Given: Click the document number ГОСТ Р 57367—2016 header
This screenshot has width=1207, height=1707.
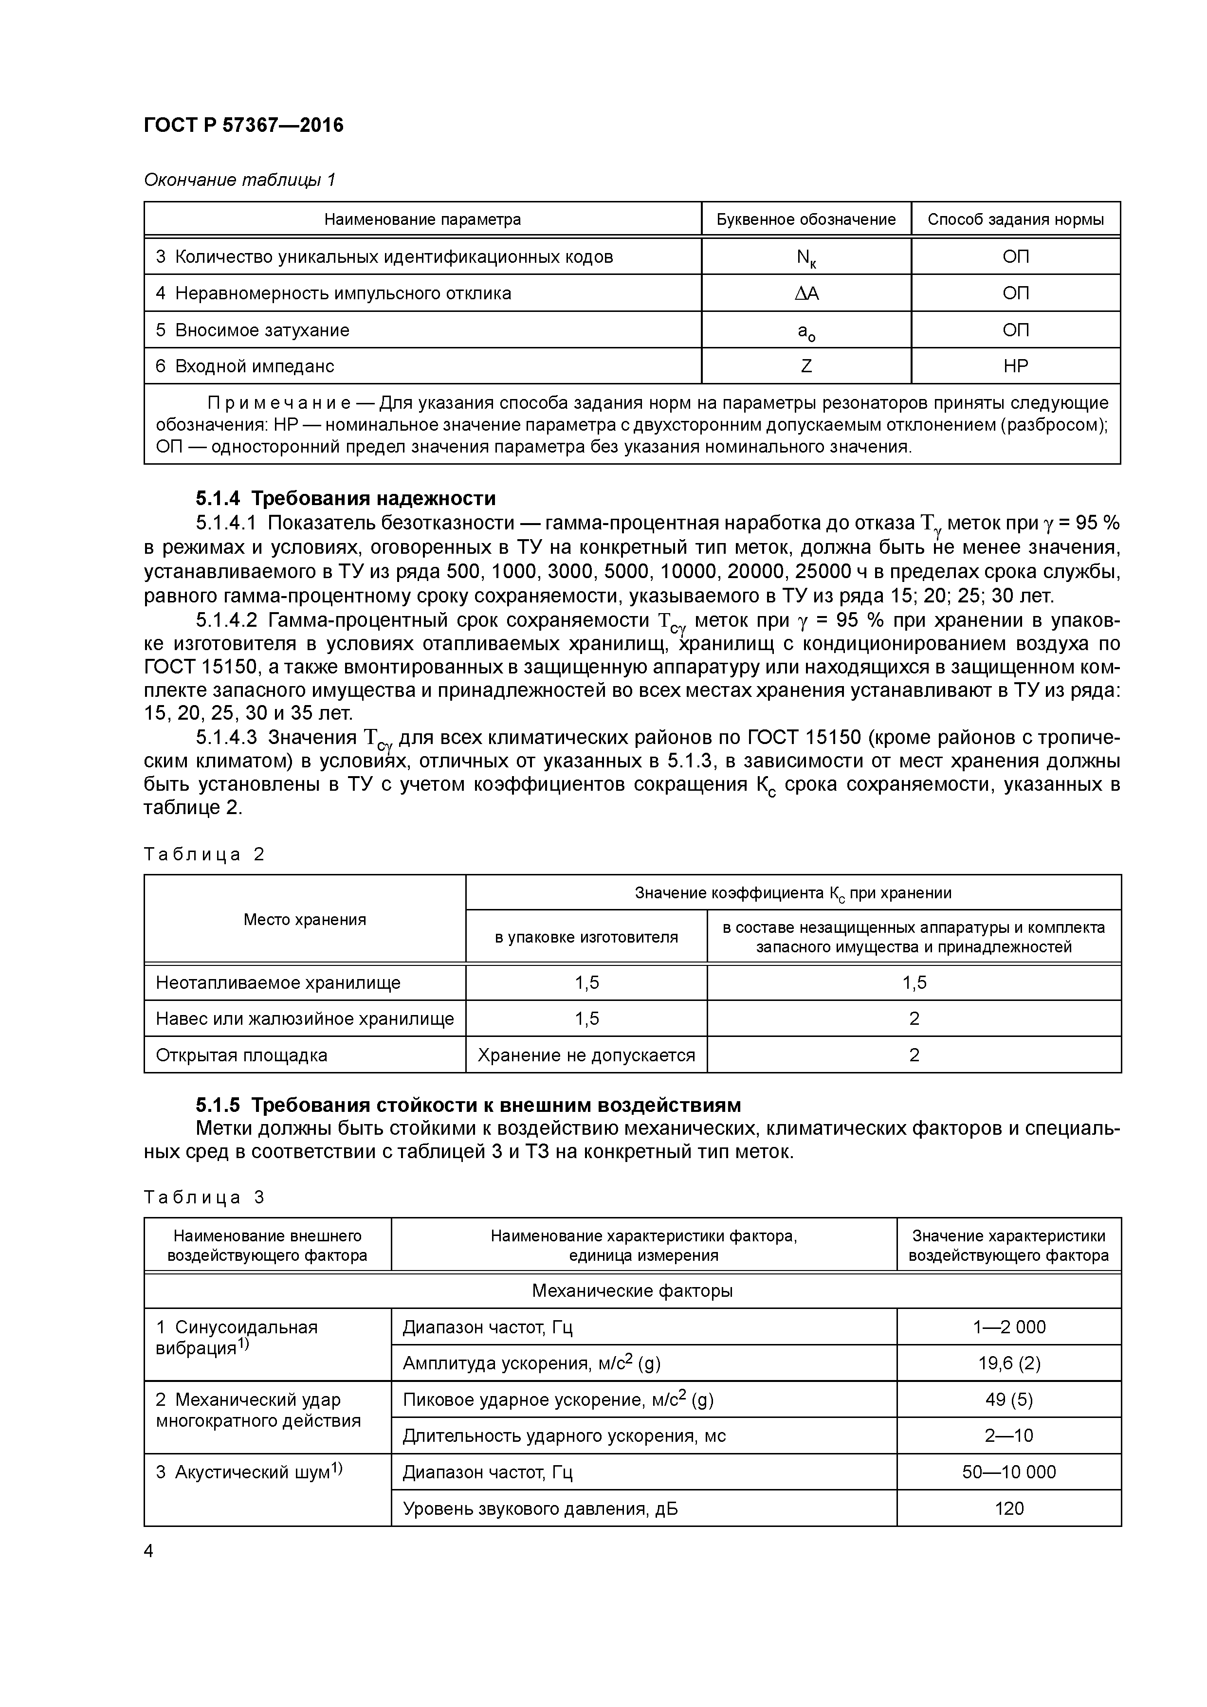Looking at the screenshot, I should tap(243, 125).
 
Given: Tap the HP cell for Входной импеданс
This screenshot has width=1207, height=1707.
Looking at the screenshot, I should tap(1015, 366).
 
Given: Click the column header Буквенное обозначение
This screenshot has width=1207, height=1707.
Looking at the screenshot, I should tap(806, 219).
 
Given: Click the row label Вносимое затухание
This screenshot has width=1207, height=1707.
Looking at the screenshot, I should tap(262, 329).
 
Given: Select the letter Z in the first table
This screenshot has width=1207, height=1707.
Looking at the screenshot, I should tap(806, 366).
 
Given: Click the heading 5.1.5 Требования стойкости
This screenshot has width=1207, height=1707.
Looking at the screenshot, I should tap(469, 1105).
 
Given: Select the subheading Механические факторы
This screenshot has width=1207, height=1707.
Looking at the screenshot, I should tap(632, 1290).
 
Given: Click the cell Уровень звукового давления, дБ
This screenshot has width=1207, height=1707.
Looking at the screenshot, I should tap(540, 1508).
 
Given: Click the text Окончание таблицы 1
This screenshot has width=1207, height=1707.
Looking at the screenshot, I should tap(239, 179).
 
